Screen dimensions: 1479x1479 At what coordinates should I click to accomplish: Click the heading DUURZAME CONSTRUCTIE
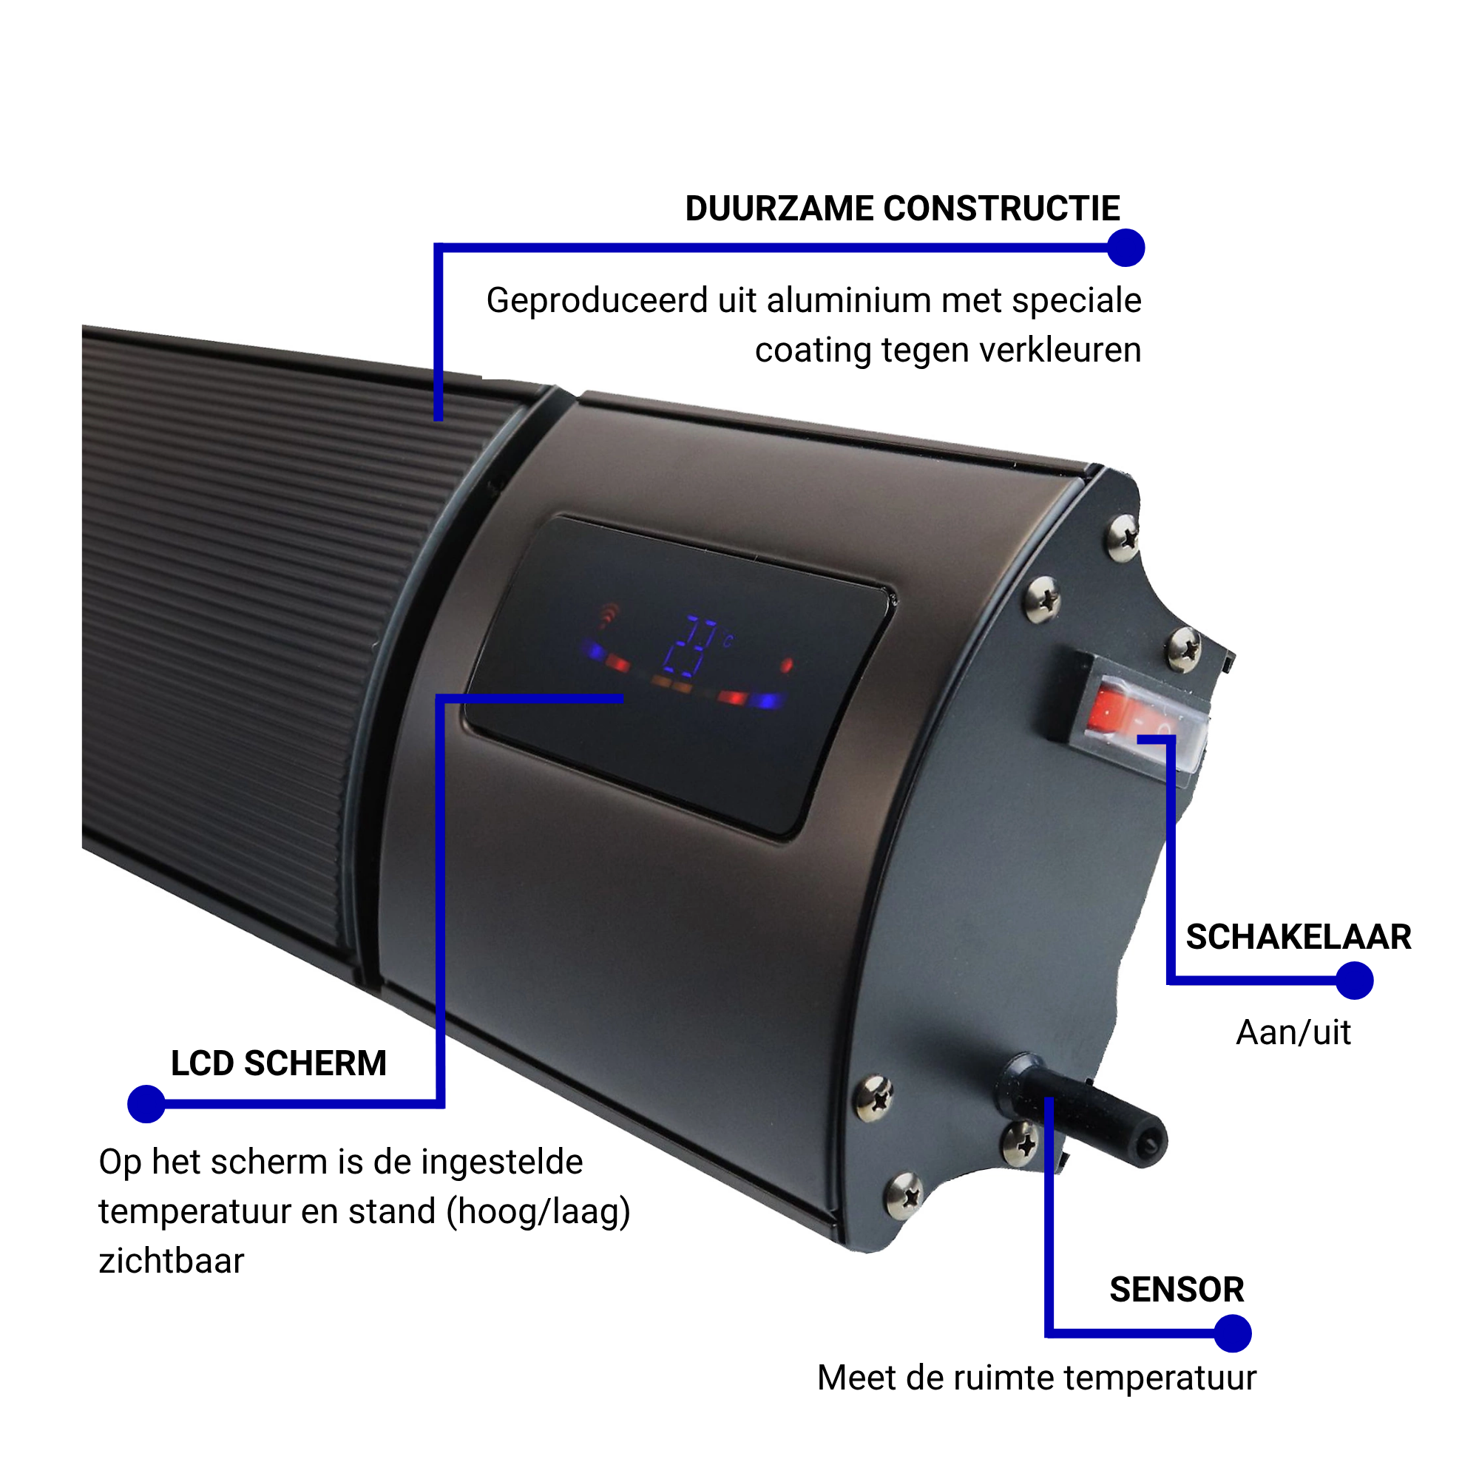tap(901, 209)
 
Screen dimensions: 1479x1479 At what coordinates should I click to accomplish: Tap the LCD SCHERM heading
tap(279, 1063)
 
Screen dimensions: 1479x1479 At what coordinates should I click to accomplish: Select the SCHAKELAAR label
tap(1299, 937)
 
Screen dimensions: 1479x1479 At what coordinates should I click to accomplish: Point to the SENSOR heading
tap(1177, 1289)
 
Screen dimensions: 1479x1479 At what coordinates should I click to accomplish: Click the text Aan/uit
tap(1293, 1032)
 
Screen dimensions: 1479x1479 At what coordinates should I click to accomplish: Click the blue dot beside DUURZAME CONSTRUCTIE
tap(1126, 248)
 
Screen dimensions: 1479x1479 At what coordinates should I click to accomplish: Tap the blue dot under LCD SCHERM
tap(146, 1104)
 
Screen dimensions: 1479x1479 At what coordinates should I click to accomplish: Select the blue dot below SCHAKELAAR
tap(1354, 981)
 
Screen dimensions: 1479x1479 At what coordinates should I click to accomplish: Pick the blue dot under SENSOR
tap(1233, 1333)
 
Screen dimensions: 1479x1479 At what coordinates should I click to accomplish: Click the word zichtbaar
tap(172, 1261)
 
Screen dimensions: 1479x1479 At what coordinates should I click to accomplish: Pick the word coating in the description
tap(813, 351)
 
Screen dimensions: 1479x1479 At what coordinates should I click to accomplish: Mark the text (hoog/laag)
tap(539, 1212)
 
